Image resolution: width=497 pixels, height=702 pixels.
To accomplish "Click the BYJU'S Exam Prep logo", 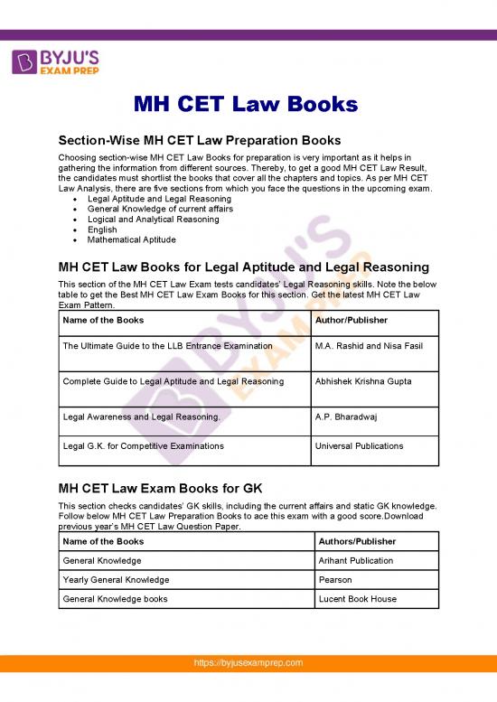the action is tap(56, 62).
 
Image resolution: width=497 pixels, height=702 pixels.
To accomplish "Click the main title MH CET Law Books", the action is tap(246, 104).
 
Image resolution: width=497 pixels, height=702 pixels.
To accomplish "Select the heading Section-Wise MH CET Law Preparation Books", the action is tap(199, 140).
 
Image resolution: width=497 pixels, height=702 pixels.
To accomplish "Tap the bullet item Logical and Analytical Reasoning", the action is tap(153, 219).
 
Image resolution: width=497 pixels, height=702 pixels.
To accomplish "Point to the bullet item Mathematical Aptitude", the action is tap(132, 239).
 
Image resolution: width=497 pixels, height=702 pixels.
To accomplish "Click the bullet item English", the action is tap(102, 229).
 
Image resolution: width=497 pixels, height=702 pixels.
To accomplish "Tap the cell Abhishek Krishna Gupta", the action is tap(363, 381).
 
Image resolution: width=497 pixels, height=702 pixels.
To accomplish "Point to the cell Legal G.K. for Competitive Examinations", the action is tap(143, 446).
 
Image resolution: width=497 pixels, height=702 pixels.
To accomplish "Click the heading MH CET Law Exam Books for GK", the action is tap(160, 487).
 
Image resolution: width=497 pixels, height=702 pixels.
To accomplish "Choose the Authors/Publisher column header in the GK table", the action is tap(356, 541).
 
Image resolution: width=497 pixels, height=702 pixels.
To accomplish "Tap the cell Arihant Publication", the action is tap(356, 560).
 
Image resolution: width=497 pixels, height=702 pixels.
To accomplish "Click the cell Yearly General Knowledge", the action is tap(116, 579).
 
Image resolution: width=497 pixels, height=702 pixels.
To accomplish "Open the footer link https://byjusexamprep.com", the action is tap(248, 688).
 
